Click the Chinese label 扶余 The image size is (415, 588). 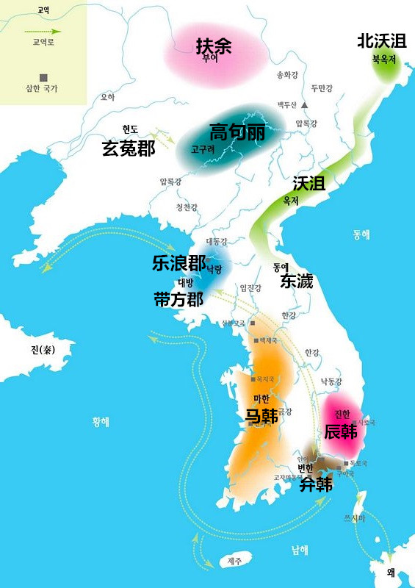click(x=214, y=46)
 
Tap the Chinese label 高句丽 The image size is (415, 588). click(x=237, y=132)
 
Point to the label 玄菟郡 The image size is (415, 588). click(x=129, y=148)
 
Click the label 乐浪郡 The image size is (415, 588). click(x=178, y=264)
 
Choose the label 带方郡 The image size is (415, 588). click(x=178, y=298)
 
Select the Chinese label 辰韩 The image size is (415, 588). click(x=341, y=431)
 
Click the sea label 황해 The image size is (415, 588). click(x=101, y=422)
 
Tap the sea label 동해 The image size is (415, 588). click(x=361, y=234)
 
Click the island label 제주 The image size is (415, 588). click(x=234, y=561)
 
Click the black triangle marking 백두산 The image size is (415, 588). click(x=304, y=105)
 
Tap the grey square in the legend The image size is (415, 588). click(x=44, y=76)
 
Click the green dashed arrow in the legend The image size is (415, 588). click(x=43, y=32)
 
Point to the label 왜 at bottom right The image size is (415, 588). click(x=391, y=572)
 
